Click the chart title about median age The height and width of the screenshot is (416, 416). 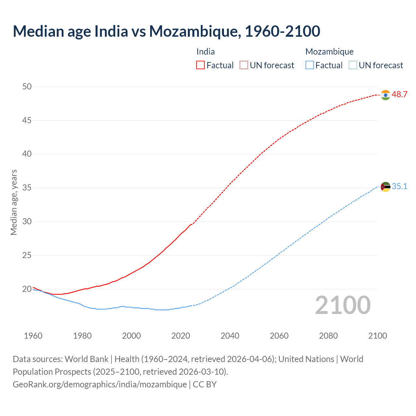pos(166,31)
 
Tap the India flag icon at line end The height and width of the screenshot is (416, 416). pos(385,95)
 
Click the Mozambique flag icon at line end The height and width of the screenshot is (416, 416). pos(385,187)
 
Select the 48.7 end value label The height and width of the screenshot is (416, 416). pos(399,95)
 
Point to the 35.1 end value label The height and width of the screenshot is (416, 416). pos(399,187)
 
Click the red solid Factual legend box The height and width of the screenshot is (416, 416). pos(201,65)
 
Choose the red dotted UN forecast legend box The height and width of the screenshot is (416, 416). pos(244,65)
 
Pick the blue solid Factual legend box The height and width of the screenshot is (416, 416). pos(310,65)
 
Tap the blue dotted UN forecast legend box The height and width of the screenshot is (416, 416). pos(353,65)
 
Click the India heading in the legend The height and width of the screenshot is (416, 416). pos(205,52)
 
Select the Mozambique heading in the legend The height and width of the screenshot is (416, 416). pos(329,52)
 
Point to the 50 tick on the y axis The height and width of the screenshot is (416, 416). pos(27,86)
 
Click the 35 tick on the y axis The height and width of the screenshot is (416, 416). pos(27,188)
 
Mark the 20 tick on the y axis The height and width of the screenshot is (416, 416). pos(27,289)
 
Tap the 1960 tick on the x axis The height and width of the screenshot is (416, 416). pos(33,336)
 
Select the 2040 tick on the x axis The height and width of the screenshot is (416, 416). pos(230,336)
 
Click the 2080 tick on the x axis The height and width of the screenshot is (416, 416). pos(328,336)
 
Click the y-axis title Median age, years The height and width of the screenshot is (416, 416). pos(14,202)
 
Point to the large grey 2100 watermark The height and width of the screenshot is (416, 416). pos(343,305)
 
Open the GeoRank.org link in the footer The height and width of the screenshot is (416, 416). pos(99,384)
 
